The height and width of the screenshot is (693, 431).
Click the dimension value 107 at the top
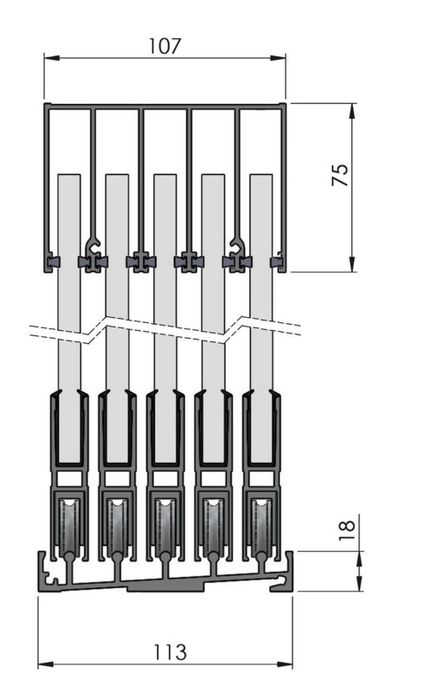(164, 46)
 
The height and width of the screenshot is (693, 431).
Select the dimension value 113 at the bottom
(170, 652)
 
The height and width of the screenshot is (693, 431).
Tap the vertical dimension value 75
(340, 175)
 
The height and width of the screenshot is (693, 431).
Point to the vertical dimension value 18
(347, 530)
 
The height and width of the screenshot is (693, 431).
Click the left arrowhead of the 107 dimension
(52, 58)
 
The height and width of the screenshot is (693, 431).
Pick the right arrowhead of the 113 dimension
(285, 664)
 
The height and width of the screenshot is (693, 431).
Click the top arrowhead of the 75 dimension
(352, 111)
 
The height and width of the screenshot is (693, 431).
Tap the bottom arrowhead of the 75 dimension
(352, 264)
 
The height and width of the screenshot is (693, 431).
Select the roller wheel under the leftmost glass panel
(69, 526)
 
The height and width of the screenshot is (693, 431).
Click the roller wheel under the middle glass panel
(165, 526)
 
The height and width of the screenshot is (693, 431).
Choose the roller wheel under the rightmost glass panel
(261, 526)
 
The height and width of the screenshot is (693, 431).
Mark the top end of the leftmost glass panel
(69, 175)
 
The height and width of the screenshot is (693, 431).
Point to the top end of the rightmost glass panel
(261, 175)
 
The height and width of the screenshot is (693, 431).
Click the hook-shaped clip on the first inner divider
(93, 244)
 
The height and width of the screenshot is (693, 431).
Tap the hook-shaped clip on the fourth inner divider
(238, 244)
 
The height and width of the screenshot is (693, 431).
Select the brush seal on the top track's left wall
(54, 262)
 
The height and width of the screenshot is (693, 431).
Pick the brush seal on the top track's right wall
(276, 262)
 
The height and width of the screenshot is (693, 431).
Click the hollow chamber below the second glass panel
(117, 478)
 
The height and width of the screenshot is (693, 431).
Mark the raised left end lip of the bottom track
(42, 561)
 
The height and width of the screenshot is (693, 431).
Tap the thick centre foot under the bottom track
(165, 587)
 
